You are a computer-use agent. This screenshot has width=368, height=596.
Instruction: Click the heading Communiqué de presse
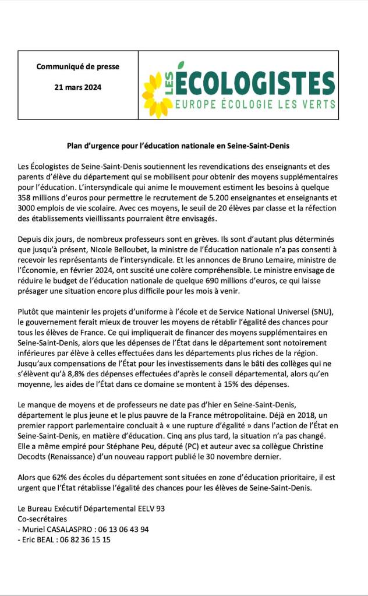tap(78, 66)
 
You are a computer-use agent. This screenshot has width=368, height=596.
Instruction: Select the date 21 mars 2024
tap(78, 87)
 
